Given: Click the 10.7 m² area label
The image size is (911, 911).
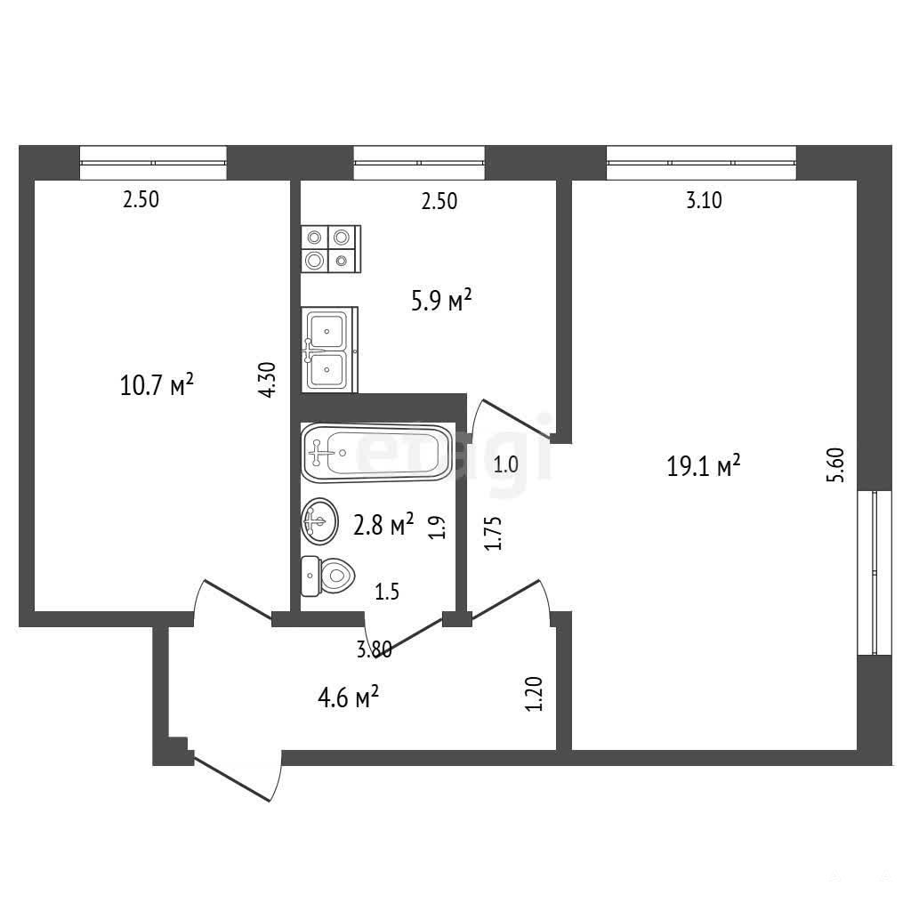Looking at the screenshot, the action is [x=157, y=384].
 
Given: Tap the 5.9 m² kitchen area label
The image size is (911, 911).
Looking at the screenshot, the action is [x=441, y=301].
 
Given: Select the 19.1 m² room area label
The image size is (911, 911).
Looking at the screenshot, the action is [x=703, y=465].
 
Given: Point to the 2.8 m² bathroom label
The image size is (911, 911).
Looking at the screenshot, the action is [x=383, y=524].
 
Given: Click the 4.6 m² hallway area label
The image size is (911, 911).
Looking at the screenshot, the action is [x=348, y=697].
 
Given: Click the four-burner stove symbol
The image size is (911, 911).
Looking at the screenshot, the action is [x=331, y=249].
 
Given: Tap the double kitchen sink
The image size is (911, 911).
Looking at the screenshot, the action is [x=329, y=350].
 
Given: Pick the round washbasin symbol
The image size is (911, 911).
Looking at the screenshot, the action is [x=319, y=521].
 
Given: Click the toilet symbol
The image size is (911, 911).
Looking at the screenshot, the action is [x=327, y=576].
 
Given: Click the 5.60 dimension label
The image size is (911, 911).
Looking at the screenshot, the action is [x=835, y=464].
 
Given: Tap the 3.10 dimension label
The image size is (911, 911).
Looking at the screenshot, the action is [x=704, y=200].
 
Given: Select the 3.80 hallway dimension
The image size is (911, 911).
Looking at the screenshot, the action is [x=375, y=649].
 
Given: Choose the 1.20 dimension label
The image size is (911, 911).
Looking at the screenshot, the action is [x=534, y=694].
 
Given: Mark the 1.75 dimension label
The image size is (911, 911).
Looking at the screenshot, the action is [x=493, y=534].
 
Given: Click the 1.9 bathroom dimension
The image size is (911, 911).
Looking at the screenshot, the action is [x=438, y=528].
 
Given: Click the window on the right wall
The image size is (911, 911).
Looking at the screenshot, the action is [x=875, y=573].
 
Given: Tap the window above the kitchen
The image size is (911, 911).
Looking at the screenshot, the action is [x=419, y=163].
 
